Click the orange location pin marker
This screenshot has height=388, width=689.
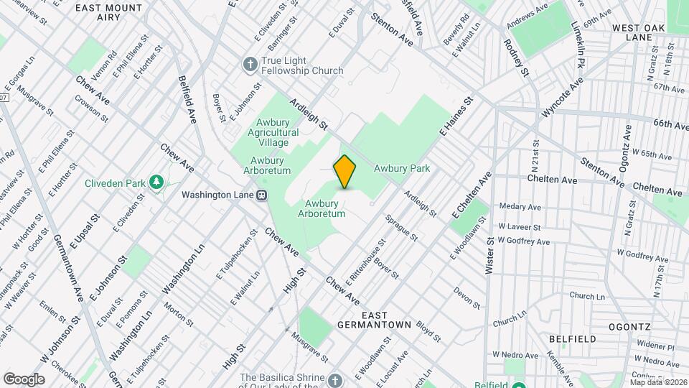pyautogui.click(x=345, y=172)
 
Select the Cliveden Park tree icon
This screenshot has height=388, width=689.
pyautogui.click(x=156, y=183)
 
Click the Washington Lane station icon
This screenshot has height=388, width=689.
pyautogui.click(x=263, y=194)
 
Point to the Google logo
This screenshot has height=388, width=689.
pyautogui.click(x=24, y=379)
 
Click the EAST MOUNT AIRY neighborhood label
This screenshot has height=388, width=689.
pyautogui.click(x=109, y=12)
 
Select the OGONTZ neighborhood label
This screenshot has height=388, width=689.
pyautogui.click(x=629, y=325)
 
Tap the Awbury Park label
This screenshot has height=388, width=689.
pyautogui.click(x=402, y=168)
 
